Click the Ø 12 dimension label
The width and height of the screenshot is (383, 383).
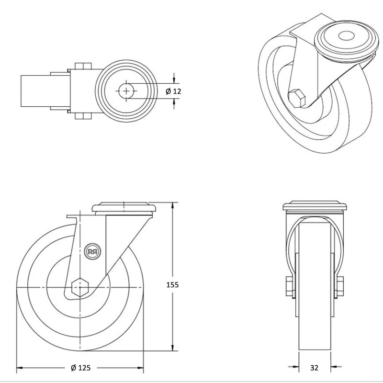pos(174,91)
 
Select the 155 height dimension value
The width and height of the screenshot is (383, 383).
pos(172,284)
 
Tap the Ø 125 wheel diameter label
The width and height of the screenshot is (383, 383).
pos(80,368)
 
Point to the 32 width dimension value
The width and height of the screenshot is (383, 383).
pos(314,368)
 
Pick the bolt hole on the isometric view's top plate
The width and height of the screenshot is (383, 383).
pos(345,35)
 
